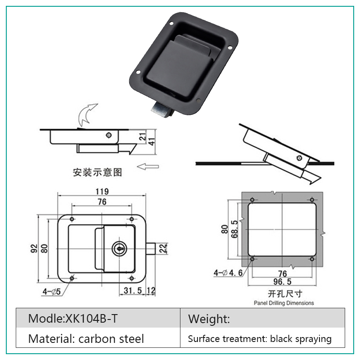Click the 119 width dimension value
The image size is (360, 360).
(x=102, y=191)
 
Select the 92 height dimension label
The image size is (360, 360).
(x=34, y=249)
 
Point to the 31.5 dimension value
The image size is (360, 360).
(x=133, y=290)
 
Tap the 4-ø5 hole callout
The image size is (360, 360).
(x=52, y=292)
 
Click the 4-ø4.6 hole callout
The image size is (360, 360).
(x=228, y=273)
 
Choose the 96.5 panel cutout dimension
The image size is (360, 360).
(x=283, y=282)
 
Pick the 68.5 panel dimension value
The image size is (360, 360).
(x=234, y=229)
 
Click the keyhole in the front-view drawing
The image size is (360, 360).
(x=119, y=249)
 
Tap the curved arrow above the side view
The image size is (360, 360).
(x=87, y=114)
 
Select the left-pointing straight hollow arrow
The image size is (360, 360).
(x=148, y=166)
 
